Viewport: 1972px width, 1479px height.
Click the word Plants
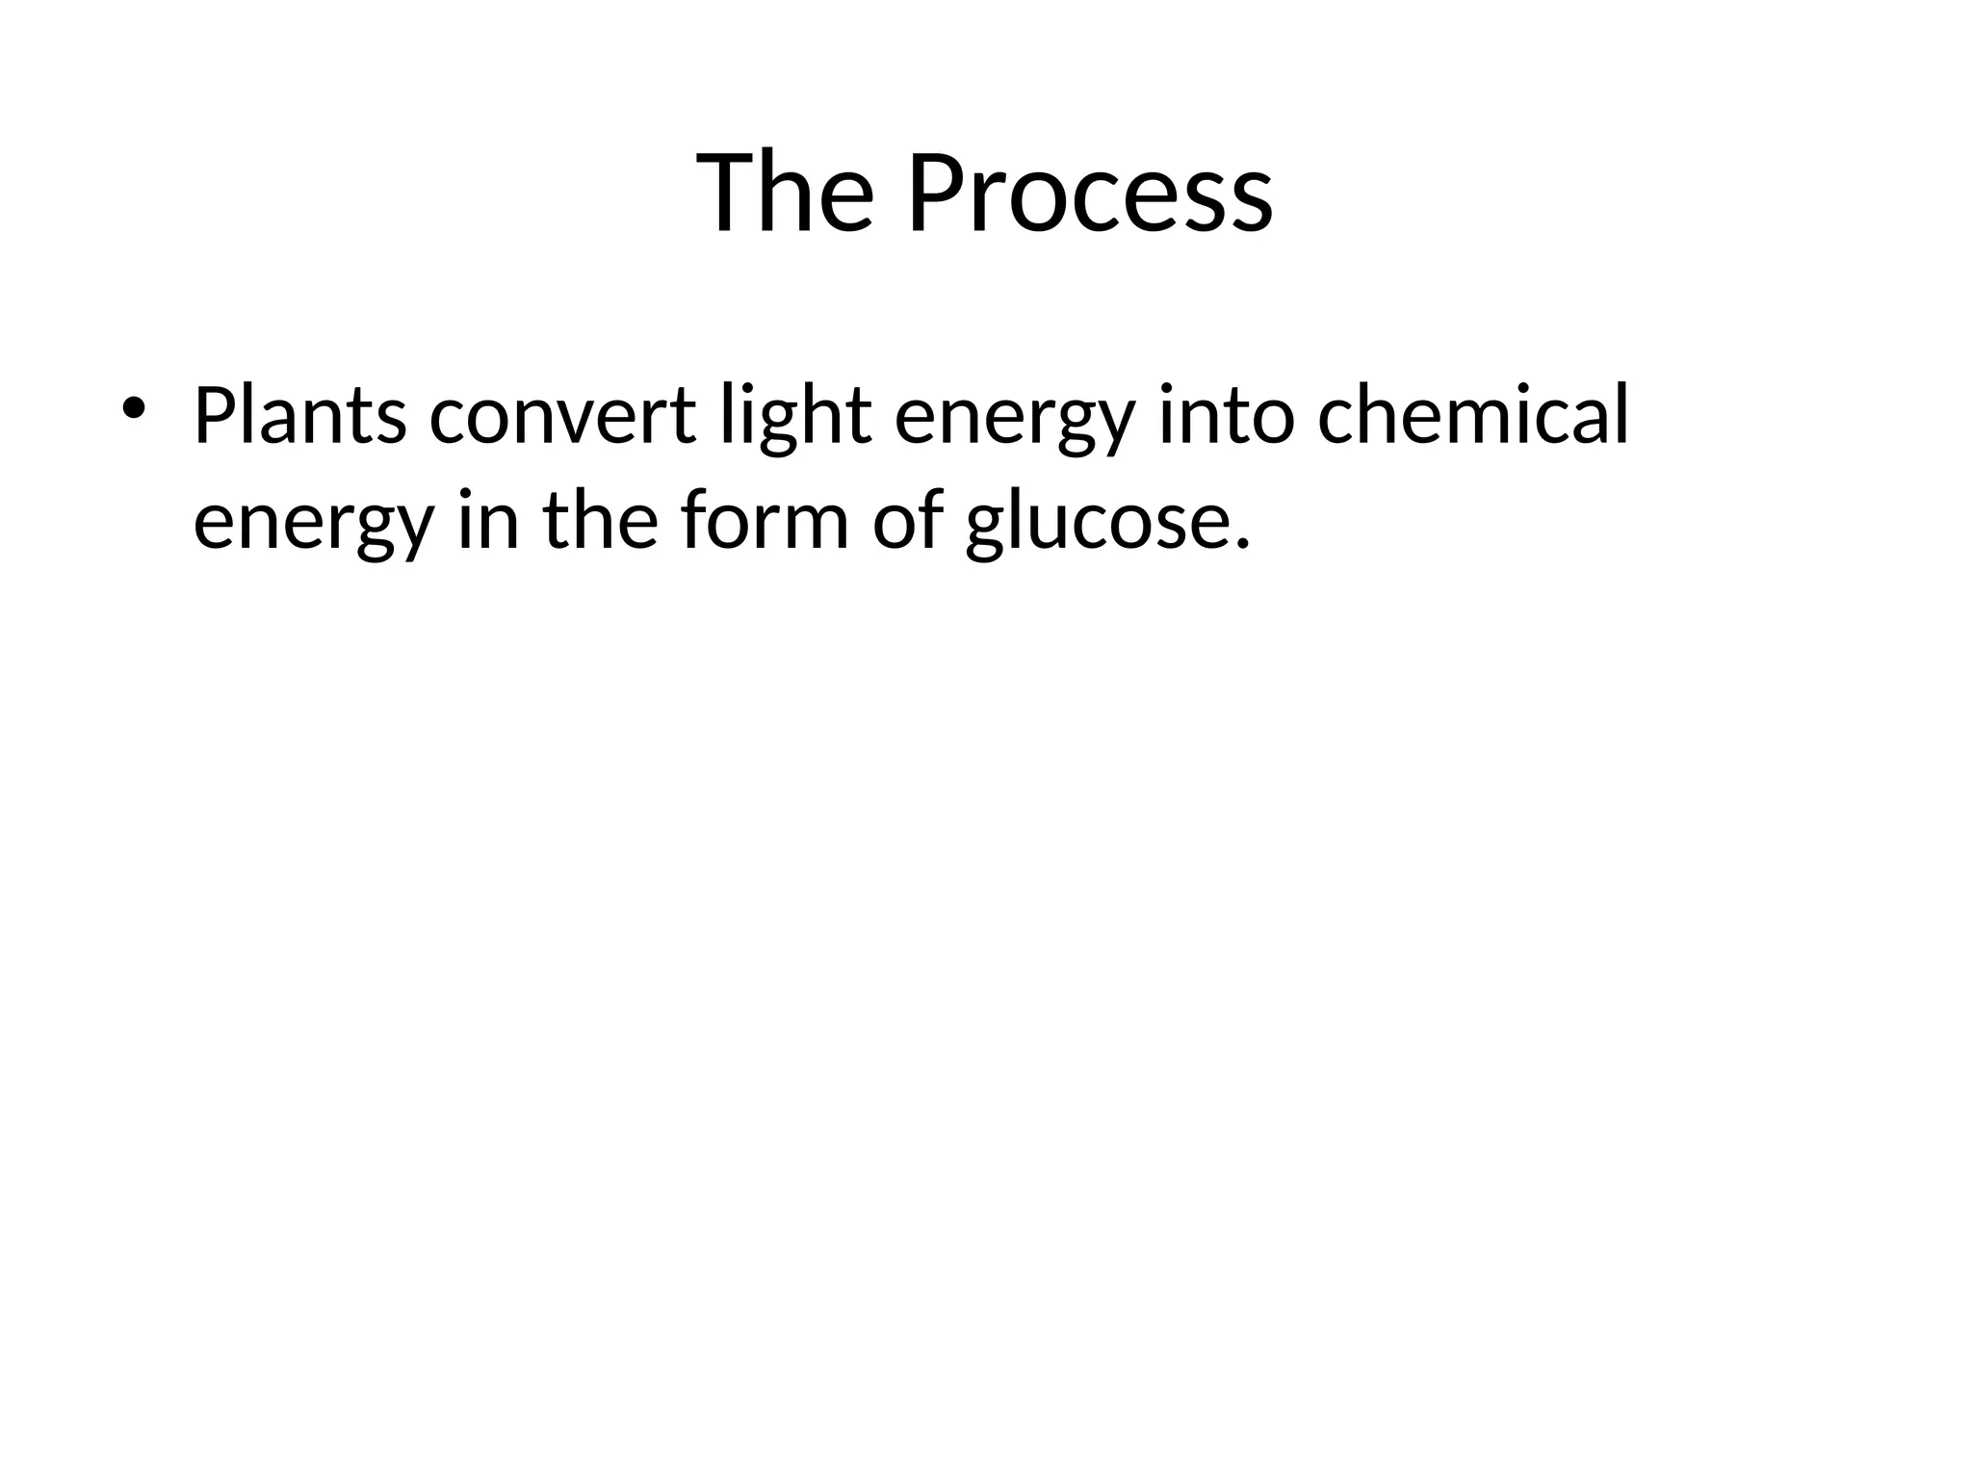click(299, 416)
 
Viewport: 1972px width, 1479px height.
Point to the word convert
click(562, 416)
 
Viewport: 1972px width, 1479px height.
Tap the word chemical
click(1472, 416)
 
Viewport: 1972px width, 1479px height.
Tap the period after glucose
click(1241, 545)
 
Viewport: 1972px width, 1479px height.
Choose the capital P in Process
click(933, 193)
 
